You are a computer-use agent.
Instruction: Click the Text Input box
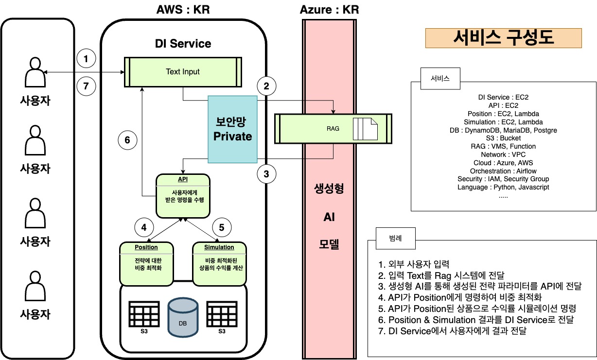click(x=183, y=72)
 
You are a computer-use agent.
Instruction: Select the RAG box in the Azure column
click(x=333, y=129)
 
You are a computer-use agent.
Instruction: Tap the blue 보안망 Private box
click(x=232, y=129)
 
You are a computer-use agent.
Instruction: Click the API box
click(x=183, y=196)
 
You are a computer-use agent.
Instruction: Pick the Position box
click(x=146, y=263)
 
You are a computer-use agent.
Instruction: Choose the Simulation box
click(x=219, y=263)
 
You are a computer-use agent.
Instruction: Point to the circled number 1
click(x=87, y=59)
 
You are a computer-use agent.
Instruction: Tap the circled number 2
click(x=266, y=86)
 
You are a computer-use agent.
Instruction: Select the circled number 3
click(x=266, y=173)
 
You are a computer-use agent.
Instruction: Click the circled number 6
click(x=127, y=140)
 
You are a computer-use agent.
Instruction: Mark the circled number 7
click(x=87, y=86)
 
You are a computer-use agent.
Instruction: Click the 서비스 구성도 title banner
click(x=503, y=38)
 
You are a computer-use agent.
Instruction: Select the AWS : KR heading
click(x=183, y=10)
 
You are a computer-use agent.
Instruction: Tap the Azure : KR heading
click(x=330, y=10)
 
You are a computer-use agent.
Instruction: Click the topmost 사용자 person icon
click(x=35, y=71)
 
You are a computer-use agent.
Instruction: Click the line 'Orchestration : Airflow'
click(x=504, y=171)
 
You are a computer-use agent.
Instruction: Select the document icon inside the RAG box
click(x=365, y=129)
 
